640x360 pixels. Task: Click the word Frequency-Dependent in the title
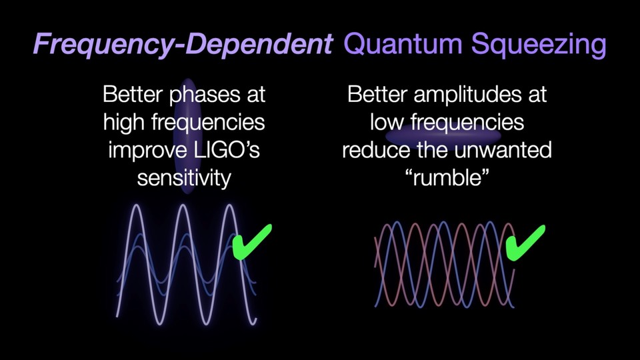click(x=182, y=45)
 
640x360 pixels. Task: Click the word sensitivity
click(x=183, y=178)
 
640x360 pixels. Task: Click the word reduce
click(x=374, y=150)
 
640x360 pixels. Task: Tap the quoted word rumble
click(x=447, y=178)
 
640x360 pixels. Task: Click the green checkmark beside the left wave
click(x=252, y=241)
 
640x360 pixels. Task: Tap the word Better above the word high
click(x=133, y=95)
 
